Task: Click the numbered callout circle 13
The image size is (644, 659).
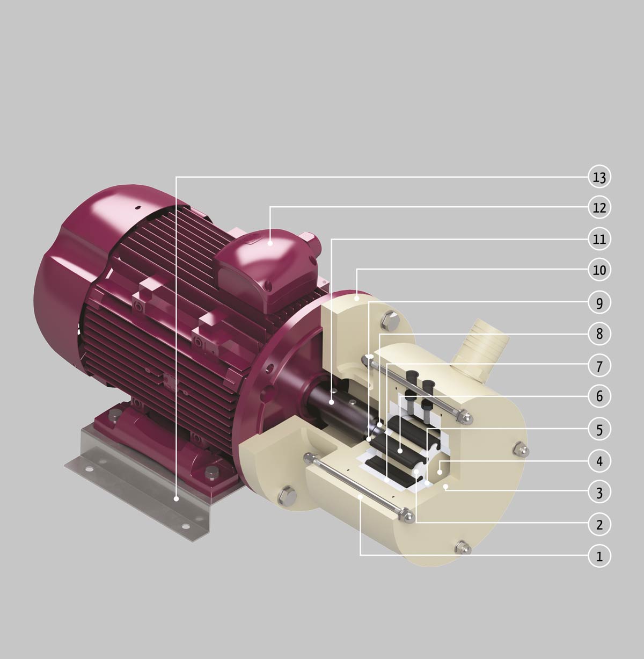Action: click(x=599, y=177)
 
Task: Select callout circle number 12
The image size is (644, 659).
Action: click(x=599, y=207)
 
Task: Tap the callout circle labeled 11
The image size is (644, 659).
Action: click(x=599, y=239)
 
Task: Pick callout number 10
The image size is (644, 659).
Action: click(x=599, y=270)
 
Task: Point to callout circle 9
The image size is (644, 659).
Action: click(x=599, y=302)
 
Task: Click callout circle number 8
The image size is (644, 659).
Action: click(x=599, y=334)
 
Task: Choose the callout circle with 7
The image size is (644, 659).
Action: click(x=599, y=366)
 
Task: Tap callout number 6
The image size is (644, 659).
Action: click(x=599, y=396)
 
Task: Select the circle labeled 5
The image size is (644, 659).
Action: click(x=599, y=430)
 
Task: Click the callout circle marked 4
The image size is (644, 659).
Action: click(x=599, y=461)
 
